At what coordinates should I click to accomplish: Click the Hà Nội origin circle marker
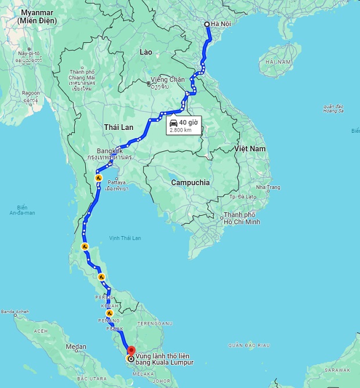[207, 24]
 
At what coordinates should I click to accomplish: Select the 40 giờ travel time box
[184, 125]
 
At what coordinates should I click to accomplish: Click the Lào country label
[146, 52]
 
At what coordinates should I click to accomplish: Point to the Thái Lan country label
[118, 127]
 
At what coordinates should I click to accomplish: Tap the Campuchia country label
[190, 182]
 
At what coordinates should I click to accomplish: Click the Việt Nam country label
[250, 149]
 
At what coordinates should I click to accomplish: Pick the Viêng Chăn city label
[167, 79]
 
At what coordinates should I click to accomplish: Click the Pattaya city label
[116, 182]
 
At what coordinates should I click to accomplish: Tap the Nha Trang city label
[268, 187]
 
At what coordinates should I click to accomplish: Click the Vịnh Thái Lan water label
[125, 238]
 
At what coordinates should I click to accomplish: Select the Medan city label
[75, 347]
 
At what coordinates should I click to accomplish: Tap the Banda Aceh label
[16, 311]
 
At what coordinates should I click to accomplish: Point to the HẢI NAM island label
[277, 61]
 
